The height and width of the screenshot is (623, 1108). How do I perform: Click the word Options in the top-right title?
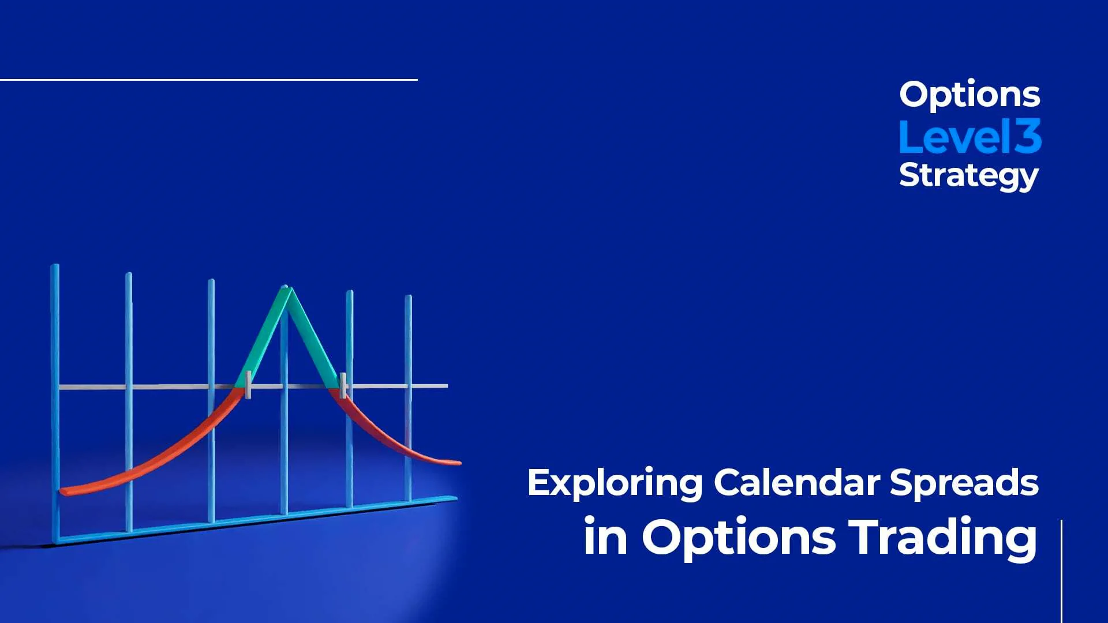pyautogui.click(x=969, y=95)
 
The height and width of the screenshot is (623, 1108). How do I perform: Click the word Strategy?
pyautogui.click(x=968, y=175)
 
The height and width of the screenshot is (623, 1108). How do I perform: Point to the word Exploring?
pyautogui.click(x=615, y=483)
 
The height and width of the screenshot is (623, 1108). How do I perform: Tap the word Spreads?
pyautogui.click(x=964, y=483)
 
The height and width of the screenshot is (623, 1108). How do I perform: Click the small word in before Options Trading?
pyautogui.click(x=605, y=538)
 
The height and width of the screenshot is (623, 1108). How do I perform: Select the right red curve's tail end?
pyautogui.click(x=456, y=462)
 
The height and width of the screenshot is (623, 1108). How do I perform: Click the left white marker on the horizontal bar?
pyautogui.click(x=248, y=385)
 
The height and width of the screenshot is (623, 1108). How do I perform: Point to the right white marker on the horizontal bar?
pyautogui.click(x=343, y=385)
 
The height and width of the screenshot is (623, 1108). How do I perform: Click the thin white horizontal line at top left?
pyautogui.click(x=208, y=80)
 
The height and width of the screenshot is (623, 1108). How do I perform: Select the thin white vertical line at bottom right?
pyautogui.click(x=1061, y=571)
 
